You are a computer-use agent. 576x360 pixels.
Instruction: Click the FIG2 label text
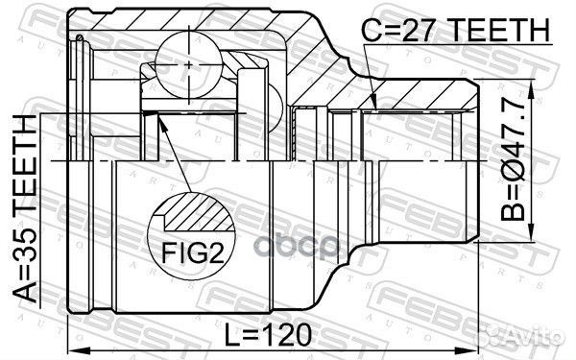point(193,252)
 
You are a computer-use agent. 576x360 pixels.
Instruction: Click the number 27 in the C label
point(422,30)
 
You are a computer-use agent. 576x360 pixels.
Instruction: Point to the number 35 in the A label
point(25,249)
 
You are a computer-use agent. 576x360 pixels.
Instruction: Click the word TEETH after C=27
point(500,30)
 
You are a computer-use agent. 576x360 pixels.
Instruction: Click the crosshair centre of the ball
point(189,64)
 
